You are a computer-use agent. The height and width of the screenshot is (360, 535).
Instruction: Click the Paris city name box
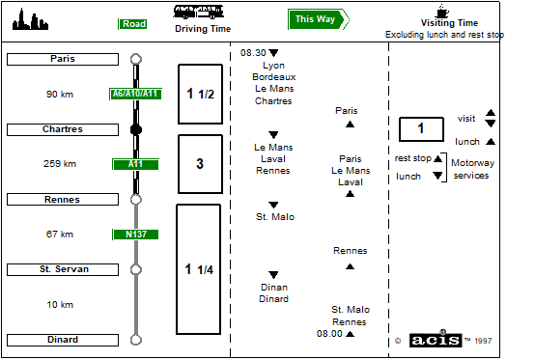click(x=63, y=59)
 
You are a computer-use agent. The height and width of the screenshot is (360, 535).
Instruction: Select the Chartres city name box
click(x=63, y=129)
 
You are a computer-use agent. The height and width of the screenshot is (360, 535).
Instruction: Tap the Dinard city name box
click(x=63, y=340)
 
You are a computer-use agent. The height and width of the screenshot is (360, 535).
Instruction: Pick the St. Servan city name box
click(x=63, y=269)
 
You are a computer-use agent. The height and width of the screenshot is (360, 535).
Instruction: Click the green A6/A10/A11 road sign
click(x=135, y=94)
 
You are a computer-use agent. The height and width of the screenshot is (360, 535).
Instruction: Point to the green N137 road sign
click(x=135, y=235)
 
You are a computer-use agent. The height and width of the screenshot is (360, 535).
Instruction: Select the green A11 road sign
click(x=135, y=164)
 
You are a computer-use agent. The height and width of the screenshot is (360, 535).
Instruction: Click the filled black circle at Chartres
click(x=136, y=129)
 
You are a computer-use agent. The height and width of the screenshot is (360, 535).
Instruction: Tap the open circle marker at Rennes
click(x=136, y=200)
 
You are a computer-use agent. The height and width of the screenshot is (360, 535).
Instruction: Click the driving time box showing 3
click(x=200, y=164)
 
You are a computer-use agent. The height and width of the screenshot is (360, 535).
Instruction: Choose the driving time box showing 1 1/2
click(x=200, y=94)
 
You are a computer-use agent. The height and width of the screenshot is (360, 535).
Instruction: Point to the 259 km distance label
click(x=60, y=164)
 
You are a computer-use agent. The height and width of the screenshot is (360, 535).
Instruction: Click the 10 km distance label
click(x=60, y=304)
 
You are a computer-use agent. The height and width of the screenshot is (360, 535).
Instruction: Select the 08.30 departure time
click(x=253, y=53)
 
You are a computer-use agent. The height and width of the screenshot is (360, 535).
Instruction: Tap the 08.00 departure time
click(x=329, y=333)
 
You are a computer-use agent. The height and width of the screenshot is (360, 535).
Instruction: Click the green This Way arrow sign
click(x=319, y=19)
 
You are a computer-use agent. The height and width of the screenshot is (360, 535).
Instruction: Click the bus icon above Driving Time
click(x=199, y=12)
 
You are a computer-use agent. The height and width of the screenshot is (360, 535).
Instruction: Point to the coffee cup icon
click(x=442, y=12)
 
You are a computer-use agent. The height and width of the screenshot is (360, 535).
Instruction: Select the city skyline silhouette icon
click(x=30, y=19)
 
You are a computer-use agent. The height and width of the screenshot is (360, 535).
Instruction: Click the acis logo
click(x=436, y=340)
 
